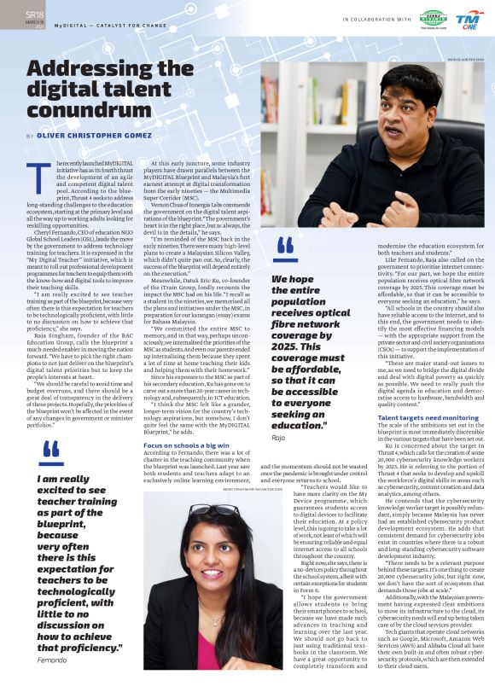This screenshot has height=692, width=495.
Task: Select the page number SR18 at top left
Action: pyautogui.click(x=34, y=15)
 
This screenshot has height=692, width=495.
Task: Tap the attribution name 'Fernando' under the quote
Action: pyautogui.click(x=53, y=684)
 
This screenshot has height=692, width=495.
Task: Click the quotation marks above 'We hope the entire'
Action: pyautogui.click(x=286, y=245)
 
